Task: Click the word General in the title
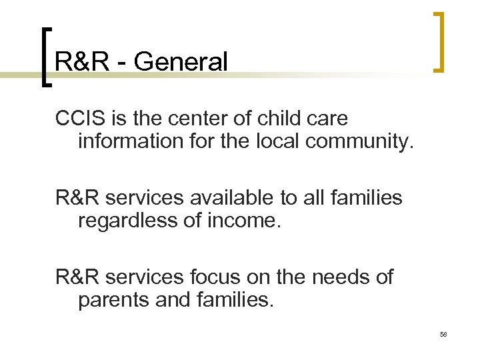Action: coord(181,62)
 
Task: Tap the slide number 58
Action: coord(443,333)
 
